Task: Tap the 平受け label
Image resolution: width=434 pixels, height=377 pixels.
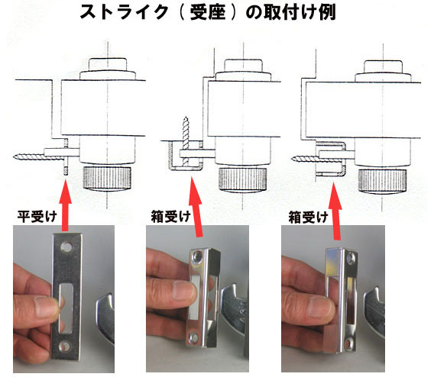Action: click(x=34, y=215)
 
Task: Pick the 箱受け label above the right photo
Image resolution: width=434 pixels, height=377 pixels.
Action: click(x=308, y=215)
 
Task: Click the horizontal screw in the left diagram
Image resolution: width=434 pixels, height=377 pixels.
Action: click(x=31, y=156)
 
